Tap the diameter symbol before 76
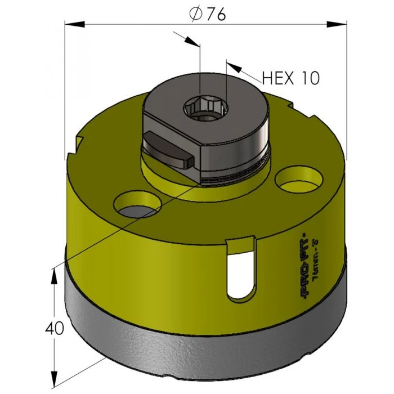point(195,15)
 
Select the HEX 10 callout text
point(290,77)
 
